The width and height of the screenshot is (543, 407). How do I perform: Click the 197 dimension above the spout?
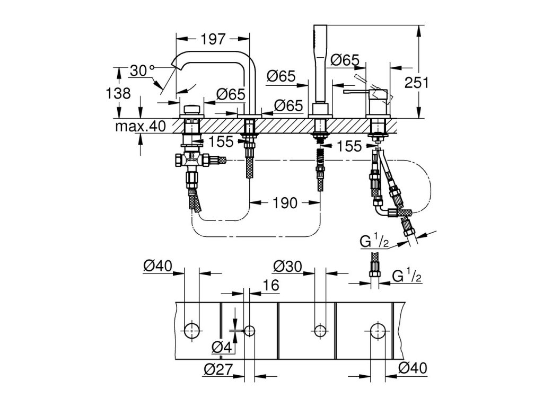pyautogui.click(x=213, y=39)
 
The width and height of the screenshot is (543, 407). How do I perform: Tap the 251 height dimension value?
pyautogui.click(x=417, y=83)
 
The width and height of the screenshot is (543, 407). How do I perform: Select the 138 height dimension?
pyautogui.click(x=118, y=93)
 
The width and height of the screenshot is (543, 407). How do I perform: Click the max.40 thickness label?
pyautogui.click(x=141, y=126)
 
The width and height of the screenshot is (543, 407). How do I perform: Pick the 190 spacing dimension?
pyautogui.click(x=285, y=203)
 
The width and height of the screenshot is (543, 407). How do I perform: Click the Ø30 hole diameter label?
pyautogui.click(x=287, y=267)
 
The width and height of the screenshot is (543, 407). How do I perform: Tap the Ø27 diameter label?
pyautogui.click(x=218, y=369)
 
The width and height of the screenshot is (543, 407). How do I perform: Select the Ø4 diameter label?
pyautogui.click(x=222, y=347)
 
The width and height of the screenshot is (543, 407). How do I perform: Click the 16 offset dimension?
pyautogui.click(x=271, y=285)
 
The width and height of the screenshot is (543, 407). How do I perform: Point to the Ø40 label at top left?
pyautogui.click(x=158, y=266)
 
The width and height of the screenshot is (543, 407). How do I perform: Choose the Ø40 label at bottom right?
pyautogui.click(x=413, y=368)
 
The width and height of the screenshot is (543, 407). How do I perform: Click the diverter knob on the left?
pyautogui.click(x=191, y=110)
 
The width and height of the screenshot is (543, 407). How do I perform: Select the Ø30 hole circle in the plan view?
pyautogui.click(x=320, y=331)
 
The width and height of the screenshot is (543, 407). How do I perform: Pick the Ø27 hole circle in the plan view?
pyautogui.click(x=249, y=331)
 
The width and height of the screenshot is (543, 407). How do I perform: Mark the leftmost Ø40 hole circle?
pyautogui.click(x=191, y=331)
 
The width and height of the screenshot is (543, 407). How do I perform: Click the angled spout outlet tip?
pyautogui.click(x=175, y=64)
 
